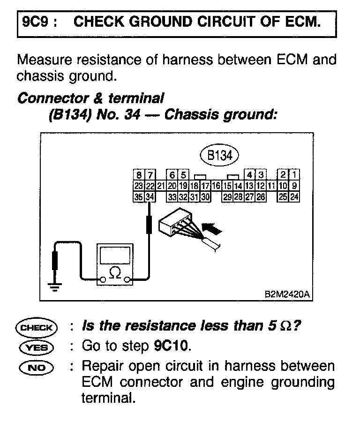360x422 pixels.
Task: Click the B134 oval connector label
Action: click(220, 156)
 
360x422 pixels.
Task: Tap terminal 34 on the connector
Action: click(150, 197)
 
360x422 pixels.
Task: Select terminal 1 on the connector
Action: click(294, 175)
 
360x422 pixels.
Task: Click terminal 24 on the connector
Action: click(294, 197)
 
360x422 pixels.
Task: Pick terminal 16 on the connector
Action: click(216, 186)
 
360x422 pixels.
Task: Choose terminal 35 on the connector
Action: click(139, 197)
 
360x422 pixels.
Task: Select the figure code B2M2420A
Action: click(287, 295)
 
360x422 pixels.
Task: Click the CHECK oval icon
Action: click(36, 327)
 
